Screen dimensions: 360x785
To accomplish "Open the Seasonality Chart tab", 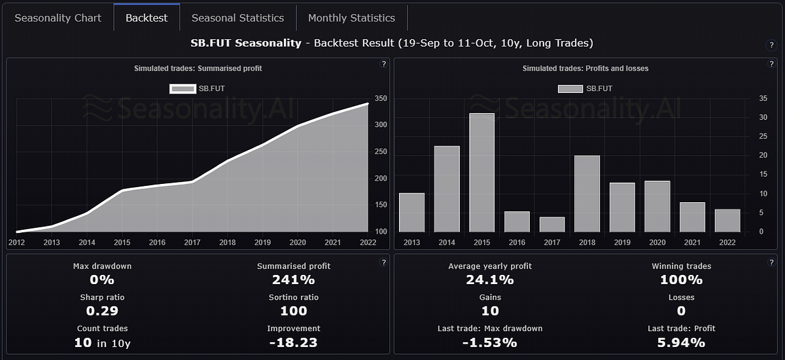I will (58, 18).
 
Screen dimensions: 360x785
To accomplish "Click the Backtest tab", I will (146, 18).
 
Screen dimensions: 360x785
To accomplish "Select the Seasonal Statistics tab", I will (237, 18).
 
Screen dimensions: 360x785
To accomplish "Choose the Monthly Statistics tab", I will (351, 18).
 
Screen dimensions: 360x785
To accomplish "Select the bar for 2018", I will (587, 194).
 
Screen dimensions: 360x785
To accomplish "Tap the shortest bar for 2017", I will (552, 225).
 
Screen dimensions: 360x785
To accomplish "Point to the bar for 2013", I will (411, 213).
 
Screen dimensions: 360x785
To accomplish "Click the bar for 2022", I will (727, 221).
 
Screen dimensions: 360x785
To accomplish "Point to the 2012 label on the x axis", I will (16, 242).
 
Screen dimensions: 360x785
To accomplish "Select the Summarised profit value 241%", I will (293, 279).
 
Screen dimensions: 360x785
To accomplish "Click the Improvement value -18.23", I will (293, 342).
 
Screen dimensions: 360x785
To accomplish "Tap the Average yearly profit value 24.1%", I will (489, 279).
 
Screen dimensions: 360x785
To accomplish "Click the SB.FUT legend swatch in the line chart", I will (182, 88).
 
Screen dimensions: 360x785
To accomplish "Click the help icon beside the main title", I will (771, 45).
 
